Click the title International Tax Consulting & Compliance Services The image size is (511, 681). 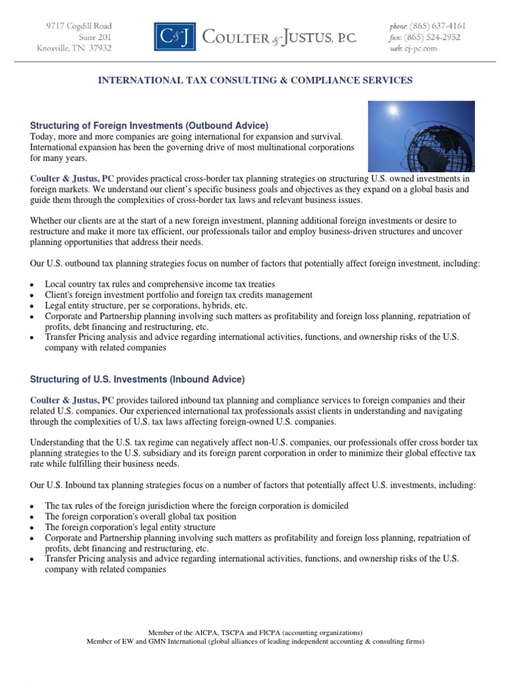pos(255,80)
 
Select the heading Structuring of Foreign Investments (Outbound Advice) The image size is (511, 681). pos(149,126)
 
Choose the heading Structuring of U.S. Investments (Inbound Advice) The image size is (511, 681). pos(137,380)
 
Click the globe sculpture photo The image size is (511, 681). pos(422,137)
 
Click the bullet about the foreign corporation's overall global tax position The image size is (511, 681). pos(140,517)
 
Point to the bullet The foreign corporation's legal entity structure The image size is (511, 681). pos(130,527)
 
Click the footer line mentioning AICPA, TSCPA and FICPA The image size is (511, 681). pos(255,632)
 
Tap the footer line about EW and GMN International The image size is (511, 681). pos(255,642)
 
